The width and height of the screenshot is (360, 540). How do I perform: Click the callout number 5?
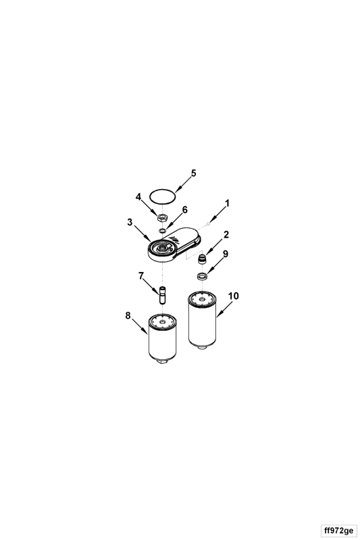194,173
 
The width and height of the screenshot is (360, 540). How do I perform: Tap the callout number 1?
227,204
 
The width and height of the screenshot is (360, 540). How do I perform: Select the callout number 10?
234,296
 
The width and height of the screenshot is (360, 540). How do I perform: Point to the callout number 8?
128,315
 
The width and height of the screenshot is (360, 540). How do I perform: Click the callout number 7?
140,276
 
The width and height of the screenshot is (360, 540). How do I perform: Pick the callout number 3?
130,222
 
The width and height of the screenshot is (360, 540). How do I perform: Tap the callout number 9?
226,254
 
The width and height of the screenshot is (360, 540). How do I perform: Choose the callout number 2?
226,235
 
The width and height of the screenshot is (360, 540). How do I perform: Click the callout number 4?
138,197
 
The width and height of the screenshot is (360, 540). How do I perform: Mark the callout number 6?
185,210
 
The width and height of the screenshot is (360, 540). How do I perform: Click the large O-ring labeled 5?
162,196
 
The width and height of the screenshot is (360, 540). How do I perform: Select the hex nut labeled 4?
162,217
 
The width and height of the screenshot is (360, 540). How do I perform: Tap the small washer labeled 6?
162,230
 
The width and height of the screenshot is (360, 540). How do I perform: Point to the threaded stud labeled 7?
162,295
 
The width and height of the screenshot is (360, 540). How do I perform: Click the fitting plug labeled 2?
203,259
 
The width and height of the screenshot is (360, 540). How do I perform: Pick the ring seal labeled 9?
202,275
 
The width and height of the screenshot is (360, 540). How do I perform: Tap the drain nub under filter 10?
202,347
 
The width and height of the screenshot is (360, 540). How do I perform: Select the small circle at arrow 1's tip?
209,224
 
